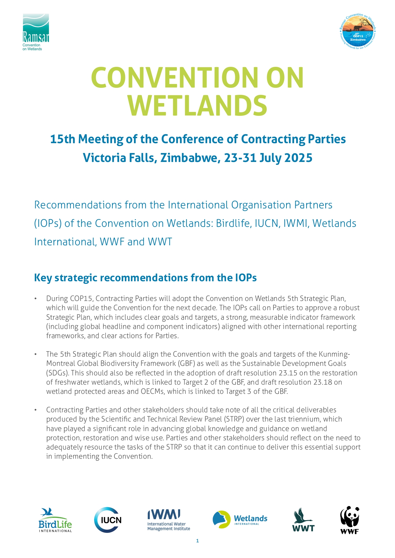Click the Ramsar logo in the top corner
[x=36, y=32]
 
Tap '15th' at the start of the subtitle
[x=63, y=139]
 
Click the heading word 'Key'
[x=43, y=278]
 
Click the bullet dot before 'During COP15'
[x=36, y=299]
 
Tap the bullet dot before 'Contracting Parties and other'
[x=36, y=410]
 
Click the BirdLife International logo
[x=55, y=520]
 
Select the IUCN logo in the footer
[x=108, y=520]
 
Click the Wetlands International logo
[x=240, y=520]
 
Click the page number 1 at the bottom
[x=198, y=541]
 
